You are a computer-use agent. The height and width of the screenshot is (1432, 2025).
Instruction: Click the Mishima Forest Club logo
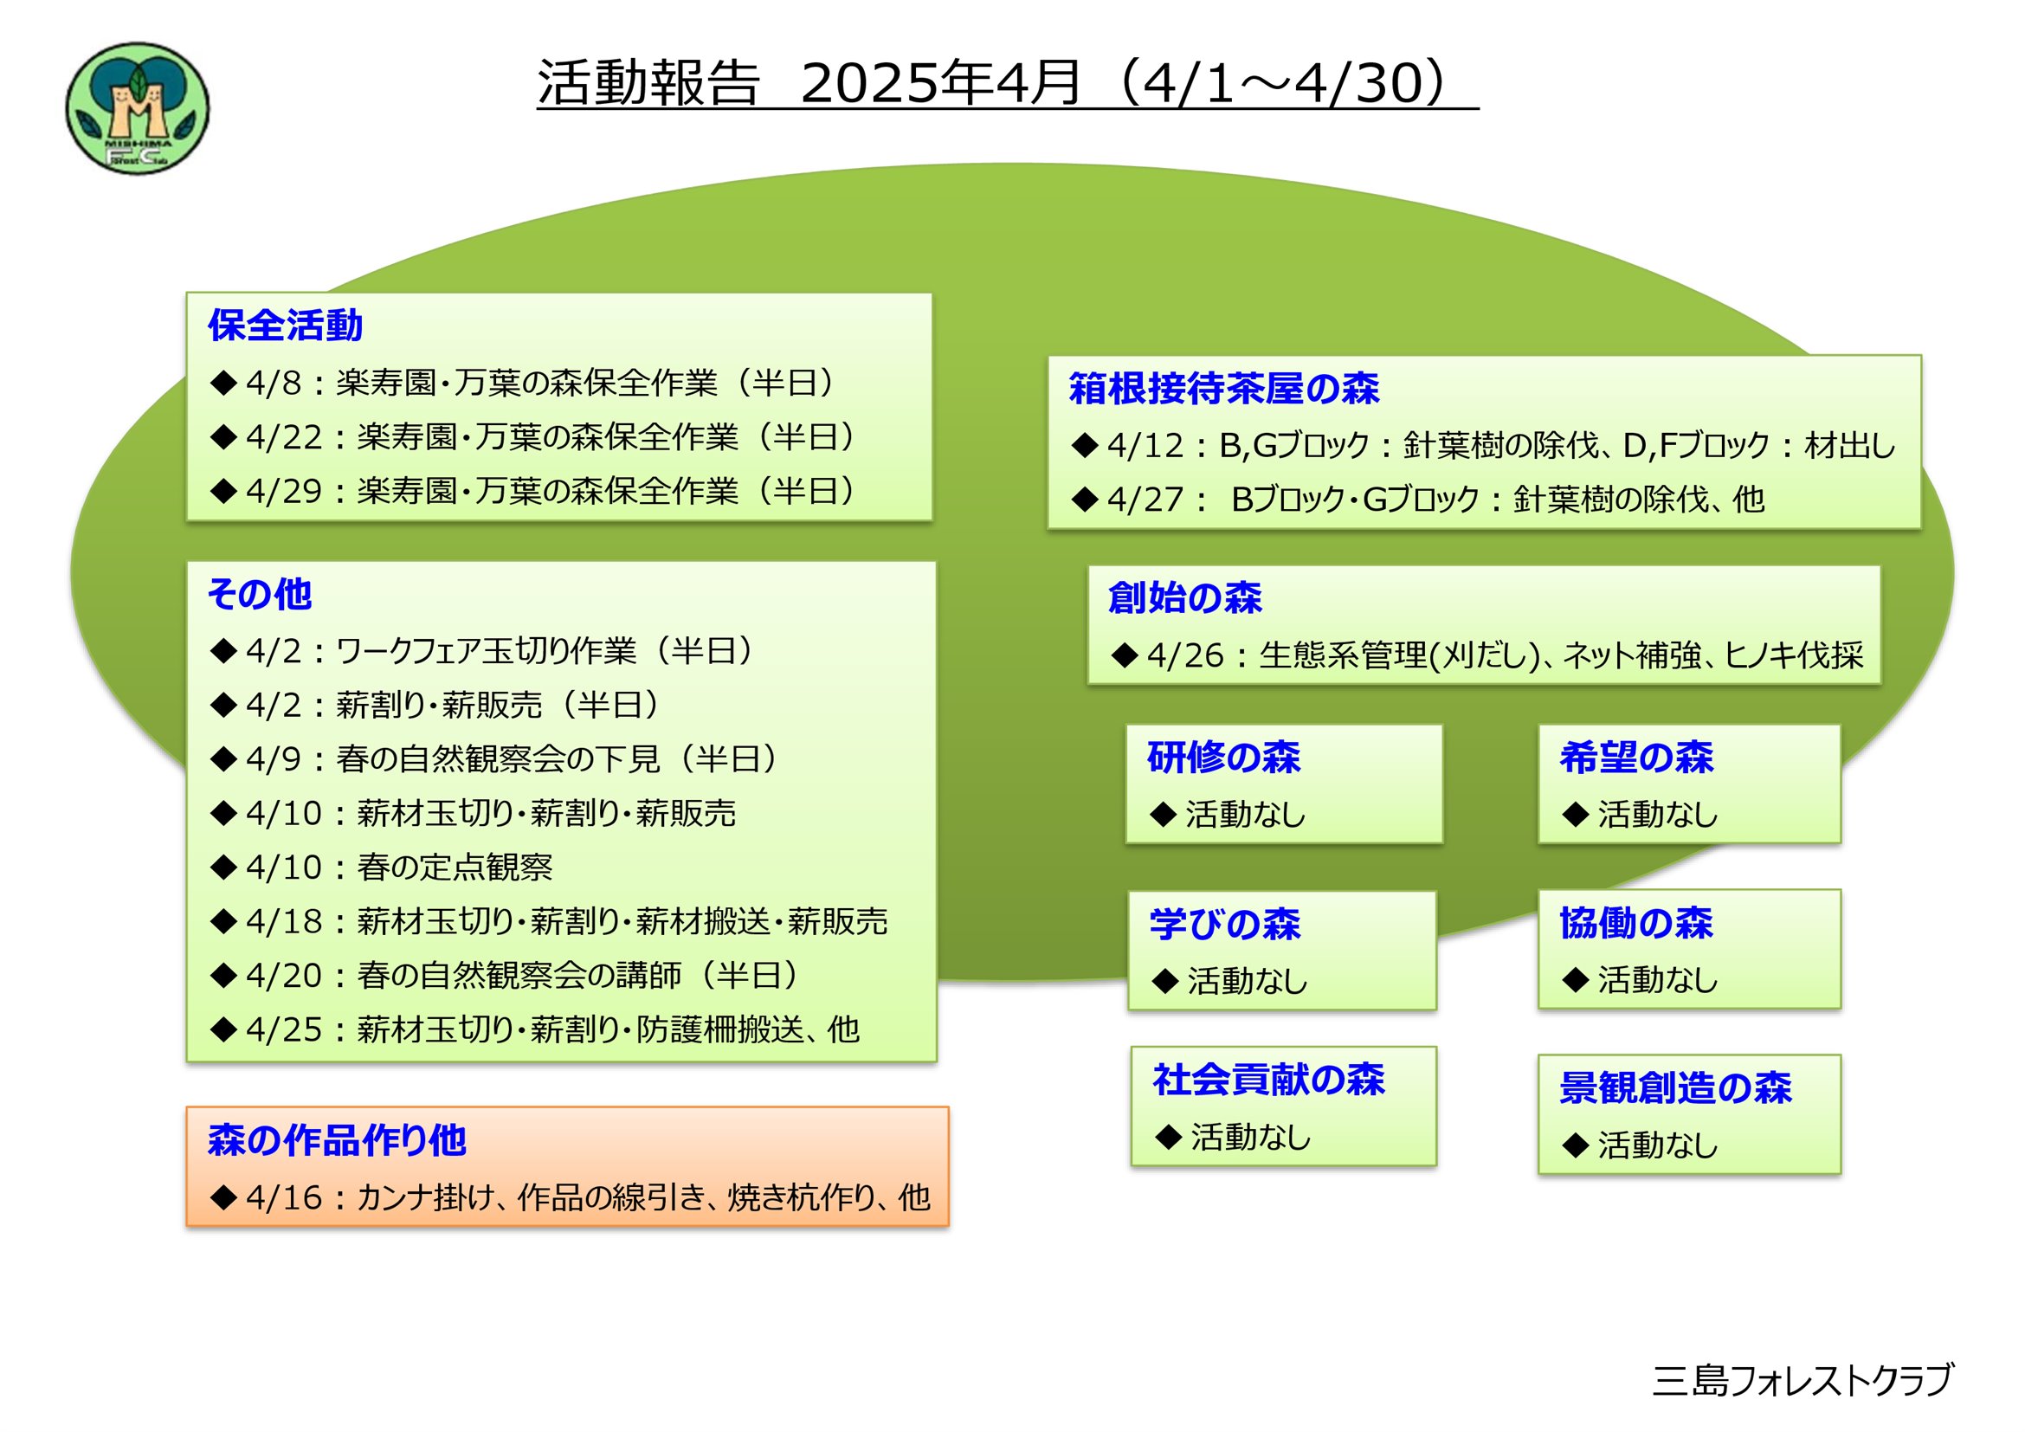[x=138, y=108]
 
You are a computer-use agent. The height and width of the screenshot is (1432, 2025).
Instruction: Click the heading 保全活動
[x=285, y=326]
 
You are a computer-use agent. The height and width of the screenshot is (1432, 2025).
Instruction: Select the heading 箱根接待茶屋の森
[x=1223, y=388]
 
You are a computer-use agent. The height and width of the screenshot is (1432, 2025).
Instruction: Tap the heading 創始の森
[x=1184, y=597]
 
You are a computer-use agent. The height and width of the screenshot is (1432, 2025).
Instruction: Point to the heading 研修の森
[x=1223, y=757]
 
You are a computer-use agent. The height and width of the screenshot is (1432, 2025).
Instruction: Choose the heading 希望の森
[x=1636, y=757]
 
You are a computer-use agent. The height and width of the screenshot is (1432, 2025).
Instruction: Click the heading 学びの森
[x=1225, y=923]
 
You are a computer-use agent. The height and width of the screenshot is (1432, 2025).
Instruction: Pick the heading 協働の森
[x=1636, y=922]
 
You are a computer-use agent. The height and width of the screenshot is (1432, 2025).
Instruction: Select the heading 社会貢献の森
[x=1268, y=1080]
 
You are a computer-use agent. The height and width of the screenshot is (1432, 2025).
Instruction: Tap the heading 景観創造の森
[x=1675, y=1087]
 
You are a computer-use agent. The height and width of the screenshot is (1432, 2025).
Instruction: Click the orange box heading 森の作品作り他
[x=336, y=1139]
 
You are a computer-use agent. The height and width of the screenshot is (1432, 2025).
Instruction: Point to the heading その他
[x=260, y=593]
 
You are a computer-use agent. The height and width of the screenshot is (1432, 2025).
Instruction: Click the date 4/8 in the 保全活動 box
[x=274, y=383]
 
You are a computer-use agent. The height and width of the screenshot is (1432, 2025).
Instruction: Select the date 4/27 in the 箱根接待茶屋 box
[x=1145, y=500]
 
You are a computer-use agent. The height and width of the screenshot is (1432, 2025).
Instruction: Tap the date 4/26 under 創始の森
[x=1185, y=655]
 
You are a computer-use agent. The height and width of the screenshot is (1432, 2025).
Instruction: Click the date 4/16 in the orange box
[x=284, y=1197]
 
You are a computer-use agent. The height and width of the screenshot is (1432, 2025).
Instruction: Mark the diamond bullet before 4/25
[x=224, y=1029]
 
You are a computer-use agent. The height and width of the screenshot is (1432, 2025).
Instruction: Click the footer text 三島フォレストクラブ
[x=1803, y=1380]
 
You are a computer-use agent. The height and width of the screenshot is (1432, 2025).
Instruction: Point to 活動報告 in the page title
[x=648, y=83]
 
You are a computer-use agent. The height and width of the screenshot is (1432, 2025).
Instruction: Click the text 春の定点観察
[x=455, y=867]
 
